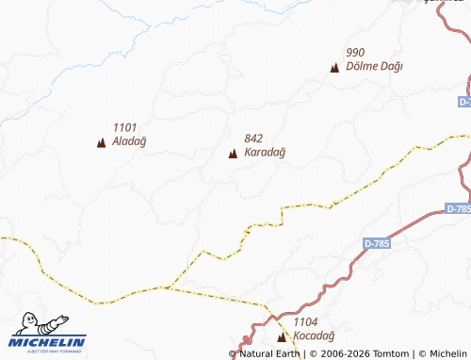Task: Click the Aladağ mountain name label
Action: tap(129, 141)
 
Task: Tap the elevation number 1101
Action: tap(124, 128)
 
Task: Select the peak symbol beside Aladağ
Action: tap(101, 142)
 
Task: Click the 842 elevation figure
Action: tap(253, 139)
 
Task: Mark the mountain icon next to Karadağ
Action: tap(233, 153)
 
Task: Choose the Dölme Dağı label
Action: tap(374, 66)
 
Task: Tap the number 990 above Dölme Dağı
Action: tap(355, 53)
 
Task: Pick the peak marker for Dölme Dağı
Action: tap(333, 67)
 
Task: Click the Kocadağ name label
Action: tap(314, 335)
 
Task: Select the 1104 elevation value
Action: tap(306, 322)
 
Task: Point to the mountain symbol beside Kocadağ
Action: tap(281, 336)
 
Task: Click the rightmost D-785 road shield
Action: tap(458, 208)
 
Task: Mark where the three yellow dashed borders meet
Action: tap(169, 286)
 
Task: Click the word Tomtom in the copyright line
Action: tap(390, 354)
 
